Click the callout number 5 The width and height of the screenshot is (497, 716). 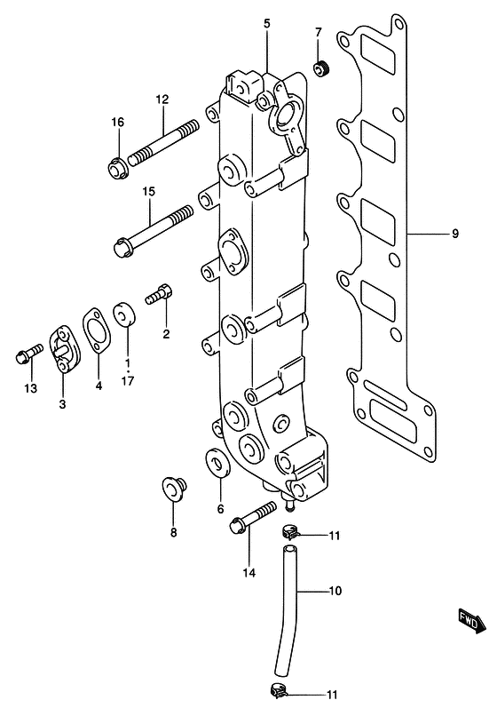point(266,22)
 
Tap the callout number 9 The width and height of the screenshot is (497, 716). point(454,235)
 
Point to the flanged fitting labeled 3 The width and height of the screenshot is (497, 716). point(63,347)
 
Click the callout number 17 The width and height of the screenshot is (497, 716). point(127,383)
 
